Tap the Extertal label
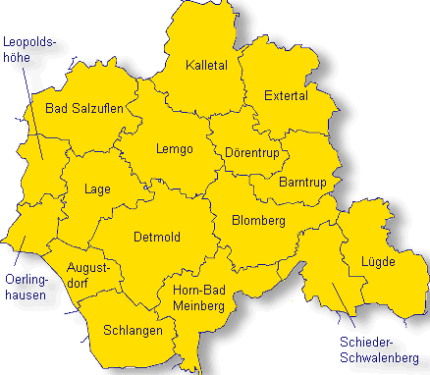click(x=286, y=95)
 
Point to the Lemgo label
click(x=174, y=149)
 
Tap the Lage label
click(x=97, y=189)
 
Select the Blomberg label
click(x=257, y=221)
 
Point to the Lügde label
click(x=377, y=262)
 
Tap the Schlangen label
click(x=133, y=331)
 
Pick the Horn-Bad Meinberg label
click(x=199, y=298)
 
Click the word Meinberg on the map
click(x=199, y=306)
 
